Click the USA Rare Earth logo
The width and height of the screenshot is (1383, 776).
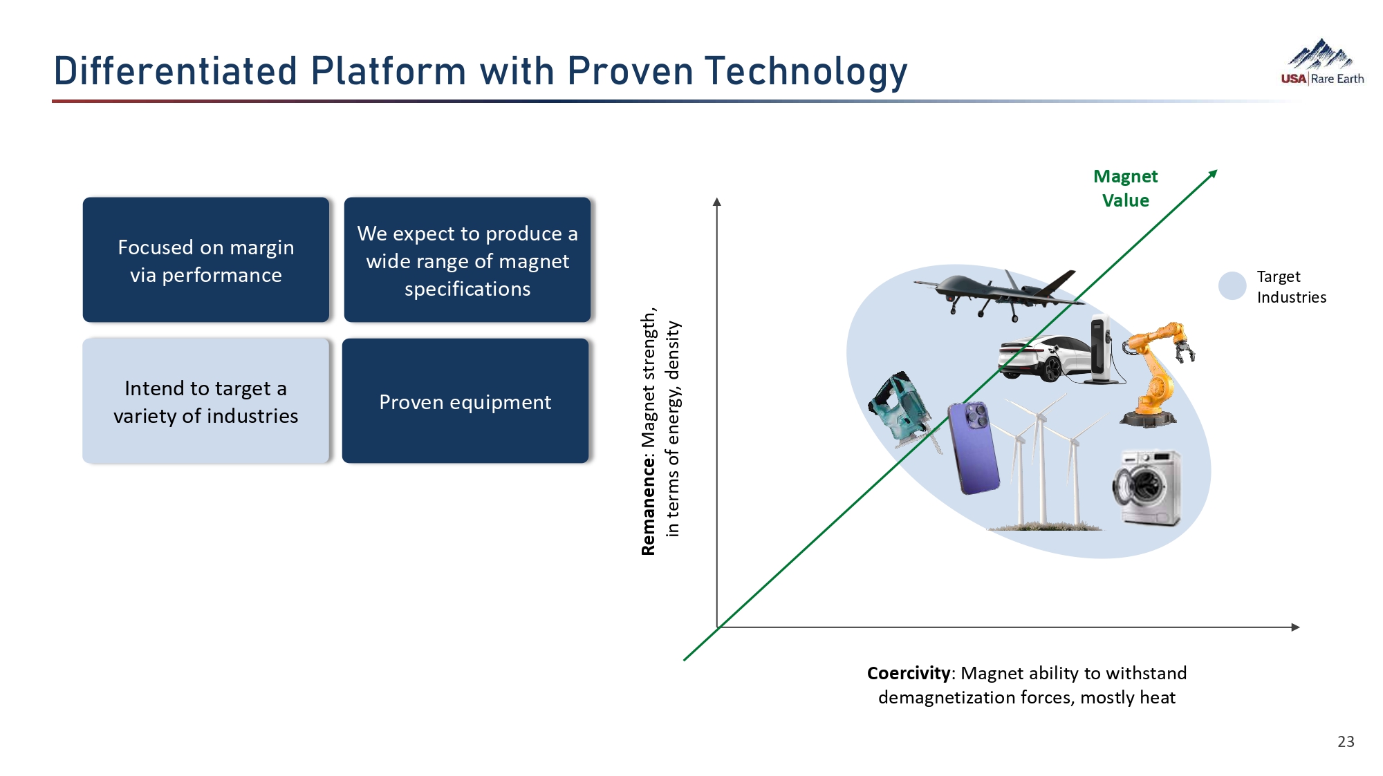click(x=1322, y=62)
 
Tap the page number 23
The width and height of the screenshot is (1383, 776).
click(x=1346, y=741)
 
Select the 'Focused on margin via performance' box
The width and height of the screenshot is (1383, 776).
click(x=206, y=260)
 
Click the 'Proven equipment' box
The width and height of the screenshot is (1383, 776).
click(x=465, y=401)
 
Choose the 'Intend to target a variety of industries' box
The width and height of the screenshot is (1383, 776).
click(x=206, y=401)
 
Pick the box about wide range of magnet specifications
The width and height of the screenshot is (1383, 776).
click(x=467, y=260)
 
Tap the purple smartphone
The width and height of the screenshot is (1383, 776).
click(x=973, y=448)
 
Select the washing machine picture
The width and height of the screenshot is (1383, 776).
click(x=1147, y=487)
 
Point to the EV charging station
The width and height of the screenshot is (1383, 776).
click(x=1104, y=349)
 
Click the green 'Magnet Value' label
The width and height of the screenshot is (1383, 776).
click(x=1125, y=188)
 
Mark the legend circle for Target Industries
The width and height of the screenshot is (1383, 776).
click(x=1232, y=285)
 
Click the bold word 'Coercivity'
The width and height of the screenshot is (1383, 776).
click(x=909, y=673)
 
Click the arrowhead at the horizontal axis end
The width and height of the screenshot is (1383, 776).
click(x=1295, y=627)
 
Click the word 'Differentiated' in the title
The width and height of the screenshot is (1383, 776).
click(x=176, y=71)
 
